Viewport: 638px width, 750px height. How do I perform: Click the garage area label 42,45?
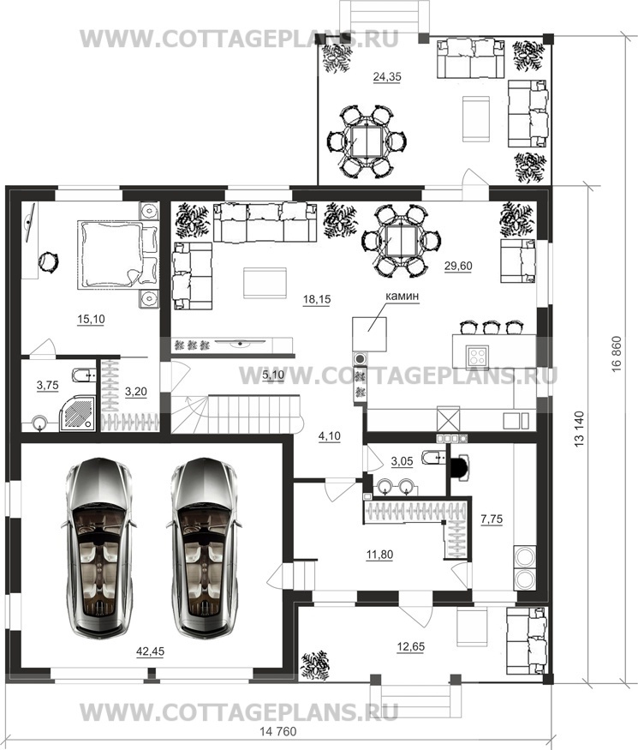[150, 651]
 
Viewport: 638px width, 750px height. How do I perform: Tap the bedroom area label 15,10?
[92, 319]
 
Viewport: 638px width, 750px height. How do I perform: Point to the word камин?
[402, 296]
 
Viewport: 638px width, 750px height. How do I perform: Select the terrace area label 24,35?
[387, 76]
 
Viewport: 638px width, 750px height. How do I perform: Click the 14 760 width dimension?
[278, 732]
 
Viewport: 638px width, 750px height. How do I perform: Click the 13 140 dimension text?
[580, 429]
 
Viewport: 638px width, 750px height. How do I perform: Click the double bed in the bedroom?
[118, 254]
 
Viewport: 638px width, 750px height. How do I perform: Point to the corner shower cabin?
[78, 415]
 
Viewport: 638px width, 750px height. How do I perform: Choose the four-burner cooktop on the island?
[477, 356]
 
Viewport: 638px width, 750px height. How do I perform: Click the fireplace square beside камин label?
[370, 334]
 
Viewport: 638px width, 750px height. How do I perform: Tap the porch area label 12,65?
[410, 646]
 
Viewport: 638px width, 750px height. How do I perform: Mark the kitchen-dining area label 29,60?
[458, 266]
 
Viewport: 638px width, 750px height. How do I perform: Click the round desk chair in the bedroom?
[48, 261]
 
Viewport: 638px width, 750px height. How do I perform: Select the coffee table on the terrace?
[476, 118]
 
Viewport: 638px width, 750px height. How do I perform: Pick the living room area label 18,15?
[317, 299]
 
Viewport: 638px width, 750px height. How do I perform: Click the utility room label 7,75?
[492, 519]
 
